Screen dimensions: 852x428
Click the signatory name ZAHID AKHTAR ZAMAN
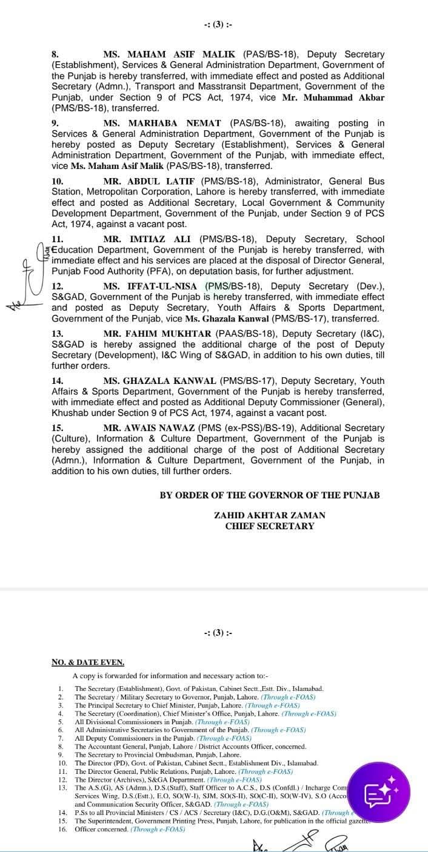click(x=270, y=515)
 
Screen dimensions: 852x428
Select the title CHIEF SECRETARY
click(x=270, y=526)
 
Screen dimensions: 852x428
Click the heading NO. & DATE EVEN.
click(x=88, y=662)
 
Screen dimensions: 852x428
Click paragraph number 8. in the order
click(x=55, y=54)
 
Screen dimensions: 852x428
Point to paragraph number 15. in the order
click(x=58, y=428)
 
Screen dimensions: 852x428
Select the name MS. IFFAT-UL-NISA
click(x=151, y=286)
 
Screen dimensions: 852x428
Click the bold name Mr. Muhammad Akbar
click(x=346, y=97)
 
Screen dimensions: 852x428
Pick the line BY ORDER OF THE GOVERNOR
click(x=270, y=495)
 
